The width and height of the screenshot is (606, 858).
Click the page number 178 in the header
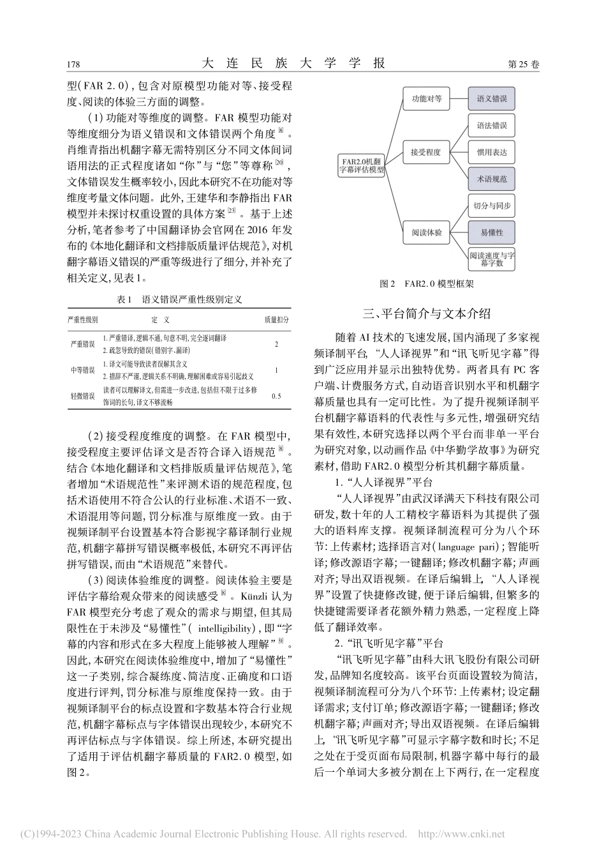click(73, 64)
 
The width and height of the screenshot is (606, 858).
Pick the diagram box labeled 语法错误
click(491, 126)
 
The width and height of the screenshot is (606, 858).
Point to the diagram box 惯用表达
click(491, 153)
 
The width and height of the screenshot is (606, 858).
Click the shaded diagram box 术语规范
click(491, 180)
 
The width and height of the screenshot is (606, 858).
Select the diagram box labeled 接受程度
click(426, 153)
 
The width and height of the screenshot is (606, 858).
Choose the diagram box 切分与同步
click(491, 207)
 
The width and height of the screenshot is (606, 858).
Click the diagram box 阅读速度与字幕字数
click(491, 259)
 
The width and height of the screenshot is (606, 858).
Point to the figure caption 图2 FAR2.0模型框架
click(425, 283)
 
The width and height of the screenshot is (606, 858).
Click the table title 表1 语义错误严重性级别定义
click(179, 299)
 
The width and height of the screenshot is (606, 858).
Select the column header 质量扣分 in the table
click(276, 319)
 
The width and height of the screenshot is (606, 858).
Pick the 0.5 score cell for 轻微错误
click(276, 396)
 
